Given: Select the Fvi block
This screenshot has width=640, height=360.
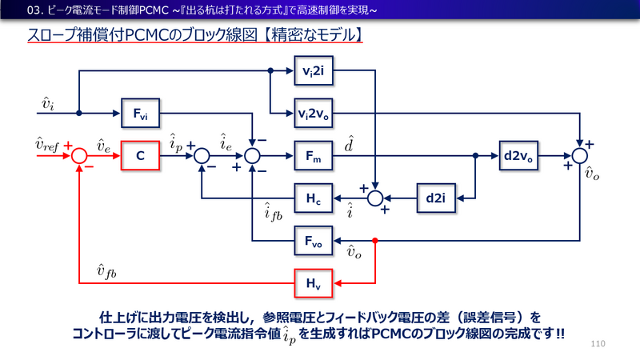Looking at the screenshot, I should [x=140, y=113].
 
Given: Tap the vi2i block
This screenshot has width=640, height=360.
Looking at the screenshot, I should [x=313, y=70].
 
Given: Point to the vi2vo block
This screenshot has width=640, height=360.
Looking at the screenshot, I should [x=313, y=113].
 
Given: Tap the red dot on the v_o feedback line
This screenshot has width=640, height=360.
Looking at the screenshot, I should [x=374, y=240].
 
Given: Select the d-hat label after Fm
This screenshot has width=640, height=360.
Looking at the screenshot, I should [x=350, y=144].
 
